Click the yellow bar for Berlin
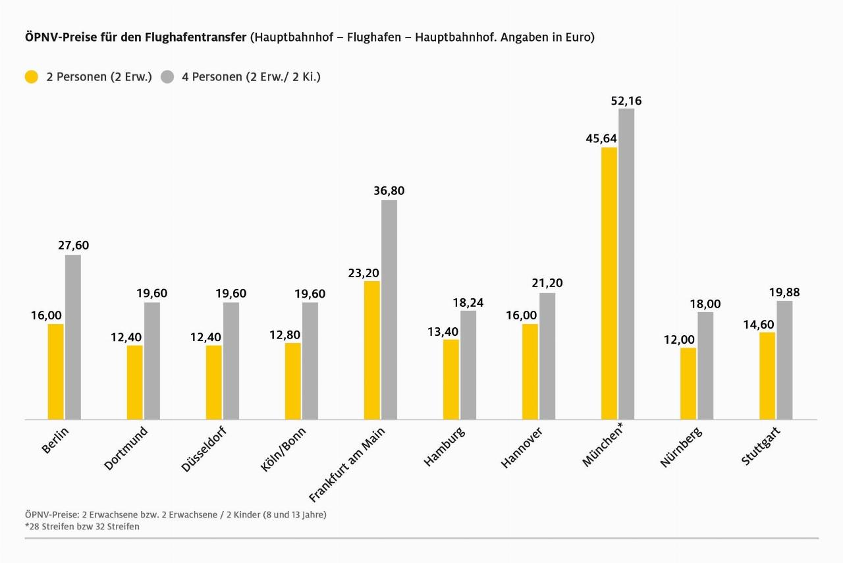[x=56, y=371]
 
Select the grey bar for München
[x=626, y=263]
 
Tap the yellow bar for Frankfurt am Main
[x=372, y=350]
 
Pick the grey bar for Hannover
[x=547, y=356]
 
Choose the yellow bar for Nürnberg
[x=688, y=383]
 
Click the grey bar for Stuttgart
[x=784, y=360]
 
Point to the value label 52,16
[x=626, y=101]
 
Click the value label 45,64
[x=601, y=138]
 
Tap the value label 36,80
[x=389, y=191]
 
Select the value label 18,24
[x=468, y=302]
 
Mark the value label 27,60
[x=73, y=246]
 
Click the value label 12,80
[x=285, y=335]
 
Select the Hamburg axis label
[x=444, y=447]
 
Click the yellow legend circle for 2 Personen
[x=31, y=77]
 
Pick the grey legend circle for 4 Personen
[x=167, y=77]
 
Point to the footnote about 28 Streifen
[x=82, y=527]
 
